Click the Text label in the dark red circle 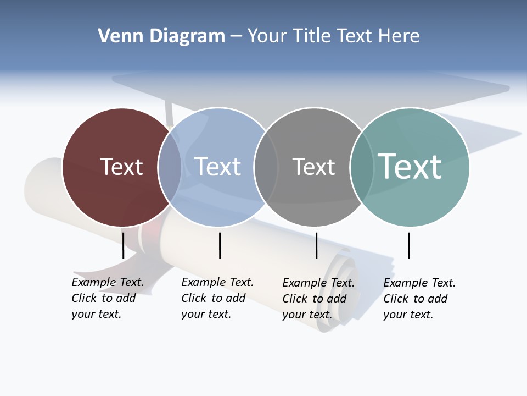click(x=121, y=167)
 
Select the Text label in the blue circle click(x=218, y=167)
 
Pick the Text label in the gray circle click(x=313, y=167)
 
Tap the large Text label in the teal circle click(x=410, y=166)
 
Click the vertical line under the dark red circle click(x=123, y=245)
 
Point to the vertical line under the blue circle click(x=220, y=245)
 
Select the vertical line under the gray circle click(x=316, y=245)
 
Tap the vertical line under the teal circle click(x=408, y=245)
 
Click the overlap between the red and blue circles click(x=170, y=167)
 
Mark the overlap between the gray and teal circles click(x=362, y=167)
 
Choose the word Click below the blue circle click(x=194, y=298)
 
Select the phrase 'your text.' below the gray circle click(x=307, y=315)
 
